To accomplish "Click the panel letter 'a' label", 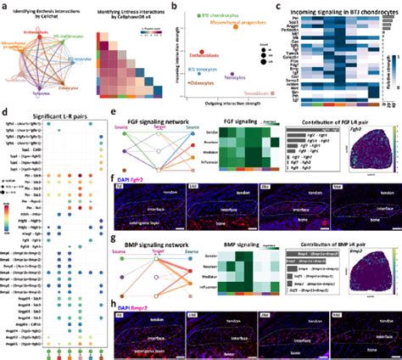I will [4, 4].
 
